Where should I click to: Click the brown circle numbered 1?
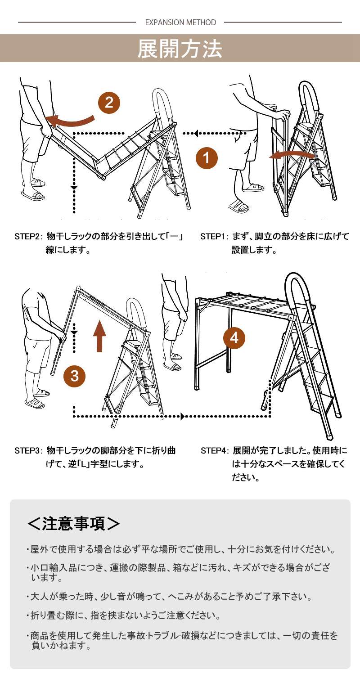[207, 158]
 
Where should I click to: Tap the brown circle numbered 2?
[109, 102]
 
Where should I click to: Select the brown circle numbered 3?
[75, 376]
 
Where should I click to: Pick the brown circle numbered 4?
[234, 338]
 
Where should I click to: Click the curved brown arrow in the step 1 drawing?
[291, 156]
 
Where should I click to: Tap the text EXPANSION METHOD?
[180, 22]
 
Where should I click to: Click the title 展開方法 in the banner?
[180, 49]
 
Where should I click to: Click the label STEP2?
[29, 237]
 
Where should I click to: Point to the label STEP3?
[29, 451]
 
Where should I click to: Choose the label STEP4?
[215, 451]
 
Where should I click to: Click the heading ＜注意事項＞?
[73, 523]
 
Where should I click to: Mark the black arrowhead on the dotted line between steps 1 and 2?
[196, 133]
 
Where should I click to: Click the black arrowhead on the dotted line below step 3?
[183, 416]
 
